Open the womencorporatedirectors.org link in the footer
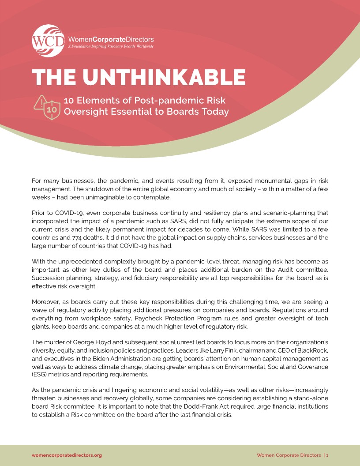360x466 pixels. [x=67, y=455]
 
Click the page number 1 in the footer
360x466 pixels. [x=327, y=455]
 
